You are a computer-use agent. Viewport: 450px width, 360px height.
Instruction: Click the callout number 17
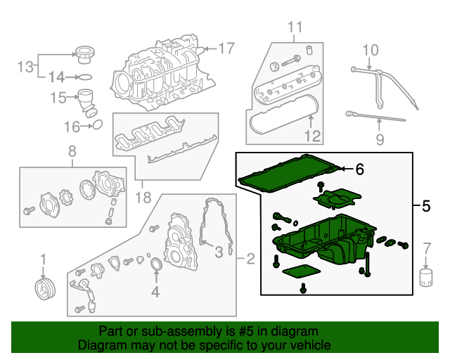[226, 49]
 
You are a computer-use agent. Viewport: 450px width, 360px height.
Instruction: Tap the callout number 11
[294, 28]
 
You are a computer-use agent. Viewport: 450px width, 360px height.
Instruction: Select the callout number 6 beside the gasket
[359, 169]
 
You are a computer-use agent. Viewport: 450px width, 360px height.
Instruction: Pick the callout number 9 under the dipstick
[380, 140]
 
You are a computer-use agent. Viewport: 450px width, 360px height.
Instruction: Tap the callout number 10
[371, 50]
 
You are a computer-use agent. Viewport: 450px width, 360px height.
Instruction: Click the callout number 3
[219, 251]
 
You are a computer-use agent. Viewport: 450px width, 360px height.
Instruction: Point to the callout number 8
[72, 151]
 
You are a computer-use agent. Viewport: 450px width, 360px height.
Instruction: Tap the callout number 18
[143, 198]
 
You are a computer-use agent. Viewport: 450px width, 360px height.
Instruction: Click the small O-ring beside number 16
[97, 126]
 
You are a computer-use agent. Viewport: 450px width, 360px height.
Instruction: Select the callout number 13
[25, 67]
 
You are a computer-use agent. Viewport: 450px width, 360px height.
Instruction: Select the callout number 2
[250, 259]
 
